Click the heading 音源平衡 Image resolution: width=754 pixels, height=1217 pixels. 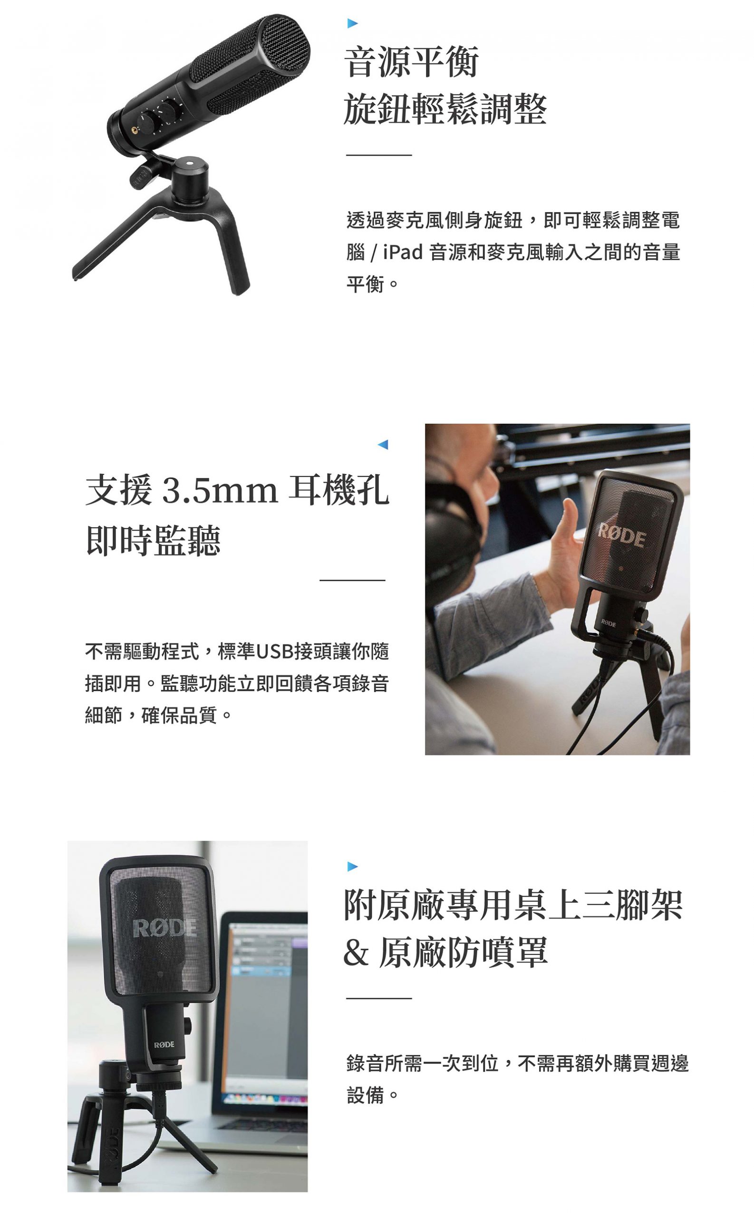[411, 62]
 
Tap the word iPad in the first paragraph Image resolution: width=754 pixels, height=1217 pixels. [402, 252]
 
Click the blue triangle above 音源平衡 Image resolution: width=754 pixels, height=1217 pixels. [353, 22]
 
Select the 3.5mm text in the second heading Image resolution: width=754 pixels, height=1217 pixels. [220, 491]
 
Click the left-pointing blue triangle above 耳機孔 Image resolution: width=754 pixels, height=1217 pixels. [383, 444]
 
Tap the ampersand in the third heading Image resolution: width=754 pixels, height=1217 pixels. [356, 951]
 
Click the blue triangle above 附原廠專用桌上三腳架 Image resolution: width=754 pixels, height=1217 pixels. [353, 867]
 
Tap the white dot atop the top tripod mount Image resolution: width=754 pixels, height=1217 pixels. [189, 162]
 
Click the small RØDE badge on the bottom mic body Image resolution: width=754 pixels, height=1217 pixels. [164, 1044]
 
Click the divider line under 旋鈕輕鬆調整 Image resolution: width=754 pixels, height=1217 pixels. [378, 155]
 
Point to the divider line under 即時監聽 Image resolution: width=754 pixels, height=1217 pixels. [352, 580]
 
